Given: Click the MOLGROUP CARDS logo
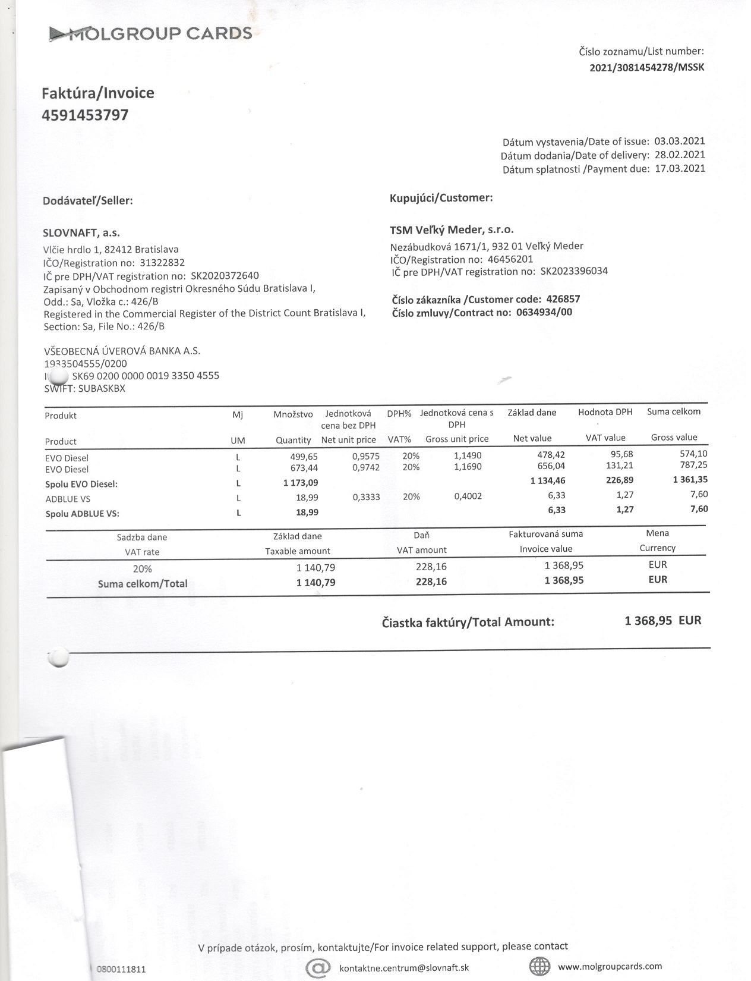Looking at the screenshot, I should click(x=150, y=34).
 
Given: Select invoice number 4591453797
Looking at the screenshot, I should click(x=85, y=115).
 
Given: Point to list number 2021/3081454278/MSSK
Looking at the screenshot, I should click(x=646, y=67).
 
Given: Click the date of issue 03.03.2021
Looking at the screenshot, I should click(x=679, y=142).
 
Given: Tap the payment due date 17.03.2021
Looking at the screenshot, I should click(x=679, y=169).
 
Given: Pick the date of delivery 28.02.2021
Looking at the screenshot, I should click(x=679, y=155).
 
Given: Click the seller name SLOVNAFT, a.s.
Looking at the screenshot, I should click(x=81, y=233).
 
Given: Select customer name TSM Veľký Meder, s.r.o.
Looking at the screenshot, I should click(x=452, y=229).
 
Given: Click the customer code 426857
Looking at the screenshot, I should click(x=563, y=299).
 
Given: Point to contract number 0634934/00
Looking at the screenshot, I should click(x=544, y=312).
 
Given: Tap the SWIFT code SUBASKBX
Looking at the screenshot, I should click(x=102, y=388).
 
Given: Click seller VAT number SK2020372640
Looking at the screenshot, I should click(x=225, y=276).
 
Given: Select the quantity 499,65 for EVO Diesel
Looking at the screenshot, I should click(x=304, y=456).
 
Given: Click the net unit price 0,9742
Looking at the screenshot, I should click(x=366, y=468).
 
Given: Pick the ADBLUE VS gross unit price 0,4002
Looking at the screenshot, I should click(x=468, y=496).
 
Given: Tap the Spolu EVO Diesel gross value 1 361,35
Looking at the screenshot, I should click(x=690, y=480).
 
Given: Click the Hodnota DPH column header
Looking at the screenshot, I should click(x=605, y=412).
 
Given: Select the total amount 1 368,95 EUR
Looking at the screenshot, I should click(x=662, y=621).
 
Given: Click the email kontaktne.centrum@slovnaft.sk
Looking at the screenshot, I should click(x=404, y=968).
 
